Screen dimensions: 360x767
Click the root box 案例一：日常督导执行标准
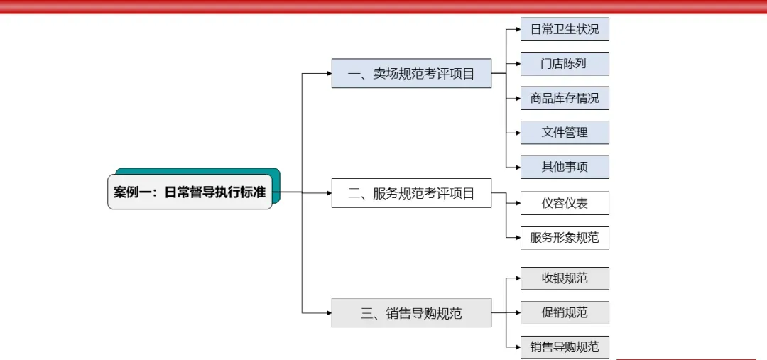click(190, 192)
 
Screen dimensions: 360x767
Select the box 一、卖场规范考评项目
click(411, 73)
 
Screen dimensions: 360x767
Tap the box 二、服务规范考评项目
click(411, 192)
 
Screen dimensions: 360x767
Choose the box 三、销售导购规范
click(411, 312)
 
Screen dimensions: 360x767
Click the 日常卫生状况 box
click(565, 29)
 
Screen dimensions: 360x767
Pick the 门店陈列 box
click(565, 63)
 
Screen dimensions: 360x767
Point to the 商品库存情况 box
click(565, 98)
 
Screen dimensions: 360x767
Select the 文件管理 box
click(565, 132)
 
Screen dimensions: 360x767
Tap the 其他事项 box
click(565, 167)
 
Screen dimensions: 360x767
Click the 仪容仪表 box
click(565, 203)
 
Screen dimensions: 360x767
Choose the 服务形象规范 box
click(565, 237)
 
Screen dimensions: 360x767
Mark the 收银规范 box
click(565, 278)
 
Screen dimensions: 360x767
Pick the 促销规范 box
click(565, 312)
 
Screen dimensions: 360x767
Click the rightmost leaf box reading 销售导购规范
click(565, 347)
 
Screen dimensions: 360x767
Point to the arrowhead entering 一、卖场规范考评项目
click(328, 73)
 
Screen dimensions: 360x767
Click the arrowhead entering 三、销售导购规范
click(328, 312)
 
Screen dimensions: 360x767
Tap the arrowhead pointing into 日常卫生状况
click(517, 29)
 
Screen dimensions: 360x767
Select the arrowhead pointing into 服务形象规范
click(517, 237)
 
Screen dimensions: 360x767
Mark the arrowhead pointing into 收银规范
click(517, 278)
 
